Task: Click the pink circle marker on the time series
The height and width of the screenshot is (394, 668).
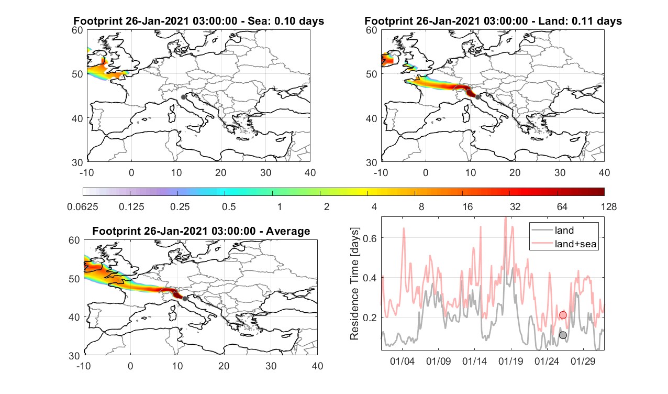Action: click(563, 315)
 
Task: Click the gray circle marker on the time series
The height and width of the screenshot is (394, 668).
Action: click(563, 335)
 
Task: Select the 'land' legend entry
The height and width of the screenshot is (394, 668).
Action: click(564, 230)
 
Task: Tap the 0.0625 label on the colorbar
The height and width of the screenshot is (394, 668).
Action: click(83, 206)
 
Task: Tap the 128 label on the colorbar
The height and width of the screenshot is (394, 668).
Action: click(609, 206)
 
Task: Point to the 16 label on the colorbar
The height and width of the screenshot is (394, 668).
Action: click(467, 206)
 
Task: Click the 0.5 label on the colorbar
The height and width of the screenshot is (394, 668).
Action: click(229, 206)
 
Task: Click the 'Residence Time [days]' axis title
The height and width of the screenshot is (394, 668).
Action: click(354, 283)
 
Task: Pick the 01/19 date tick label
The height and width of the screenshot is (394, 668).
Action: click(510, 362)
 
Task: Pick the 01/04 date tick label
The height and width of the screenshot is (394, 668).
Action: click(402, 362)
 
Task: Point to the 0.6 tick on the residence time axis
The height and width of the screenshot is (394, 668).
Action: click(370, 238)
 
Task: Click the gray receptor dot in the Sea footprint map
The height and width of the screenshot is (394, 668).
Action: click(183, 97)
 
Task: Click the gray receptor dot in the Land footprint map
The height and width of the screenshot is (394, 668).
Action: click(478, 97)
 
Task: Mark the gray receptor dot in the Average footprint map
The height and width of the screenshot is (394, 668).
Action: click(185, 299)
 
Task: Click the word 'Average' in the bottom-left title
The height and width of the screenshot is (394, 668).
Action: click(288, 231)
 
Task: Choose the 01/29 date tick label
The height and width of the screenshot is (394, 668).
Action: click(583, 362)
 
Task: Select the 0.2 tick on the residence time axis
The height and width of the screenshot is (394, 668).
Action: click(370, 318)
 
